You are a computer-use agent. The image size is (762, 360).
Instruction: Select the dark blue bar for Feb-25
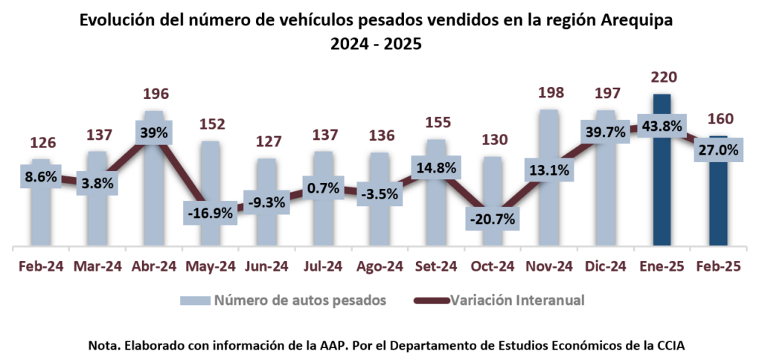coord(718,208)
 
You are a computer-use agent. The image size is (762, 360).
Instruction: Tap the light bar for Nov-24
coord(548,216)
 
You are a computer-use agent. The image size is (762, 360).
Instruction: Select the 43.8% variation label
coord(662,126)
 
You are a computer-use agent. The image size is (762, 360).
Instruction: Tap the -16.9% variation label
coord(211,212)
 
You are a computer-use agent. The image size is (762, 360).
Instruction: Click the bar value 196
coord(155,94)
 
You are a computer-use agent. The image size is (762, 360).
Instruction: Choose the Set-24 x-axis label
coord(435,266)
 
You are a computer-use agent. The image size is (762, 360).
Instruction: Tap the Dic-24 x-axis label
coord(606,266)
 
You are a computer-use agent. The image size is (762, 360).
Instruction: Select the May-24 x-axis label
coord(211,266)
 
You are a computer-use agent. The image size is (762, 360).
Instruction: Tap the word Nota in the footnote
coord(102,346)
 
